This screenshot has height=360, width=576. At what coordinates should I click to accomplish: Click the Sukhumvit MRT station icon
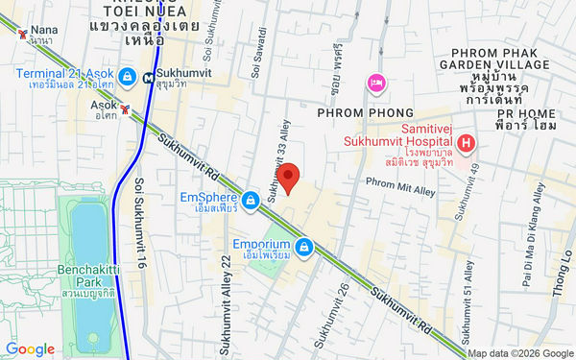tap(148, 78)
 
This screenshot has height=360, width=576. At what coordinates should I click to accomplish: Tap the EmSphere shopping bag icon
tap(251, 199)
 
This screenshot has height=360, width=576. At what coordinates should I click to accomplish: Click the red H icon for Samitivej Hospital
tap(467, 144)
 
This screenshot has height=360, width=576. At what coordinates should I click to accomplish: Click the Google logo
tap(30, 349)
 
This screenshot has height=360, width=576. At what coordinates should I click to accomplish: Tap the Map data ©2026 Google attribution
tap(519, 352)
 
